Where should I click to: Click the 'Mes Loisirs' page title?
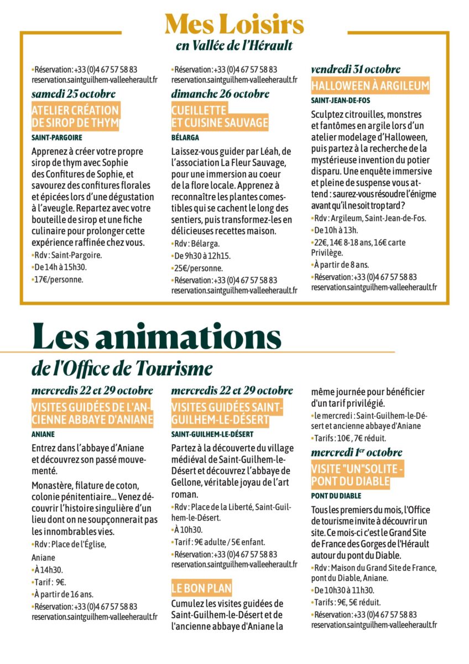point(234,24)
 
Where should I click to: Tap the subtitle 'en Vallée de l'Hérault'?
point(234,46)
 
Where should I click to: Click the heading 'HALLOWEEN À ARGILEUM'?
point(370,86)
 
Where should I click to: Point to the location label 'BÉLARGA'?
point(185,137)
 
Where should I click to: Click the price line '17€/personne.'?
point(59,279)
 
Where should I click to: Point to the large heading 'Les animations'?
point(157,338)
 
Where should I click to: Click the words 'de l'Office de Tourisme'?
point(122,367)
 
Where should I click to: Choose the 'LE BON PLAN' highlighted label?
point(201,588)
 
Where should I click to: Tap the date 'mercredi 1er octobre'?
point(357,453)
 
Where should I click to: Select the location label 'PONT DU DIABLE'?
point(336,496)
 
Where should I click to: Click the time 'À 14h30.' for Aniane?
point(48,569)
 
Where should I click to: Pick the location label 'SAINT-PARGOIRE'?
point(57,137)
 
